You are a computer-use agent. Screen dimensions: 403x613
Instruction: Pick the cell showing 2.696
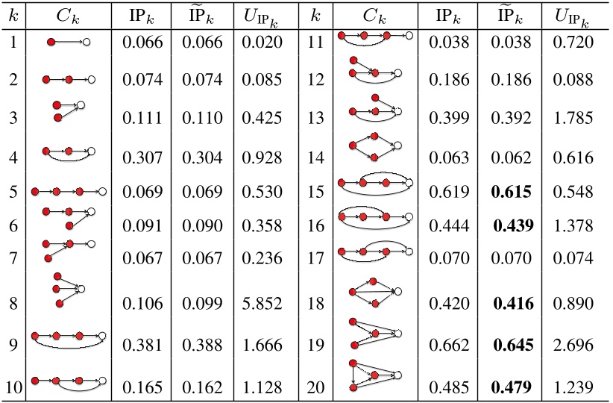pyautogui.click(x=573, y=346)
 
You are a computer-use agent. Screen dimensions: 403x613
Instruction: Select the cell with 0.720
pyautogui.click(x=573, y=43)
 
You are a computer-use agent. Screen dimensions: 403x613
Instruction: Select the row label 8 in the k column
pyautogui.click(x=14, y=304)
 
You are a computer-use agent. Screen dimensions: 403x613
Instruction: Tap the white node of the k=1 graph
pyautogui.click(x=87, y=43)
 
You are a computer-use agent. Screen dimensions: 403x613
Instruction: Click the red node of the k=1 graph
pyautogui.click(x=51, y=43)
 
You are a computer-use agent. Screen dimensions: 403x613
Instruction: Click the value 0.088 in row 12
pyautogui.click(x=573, y=77)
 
